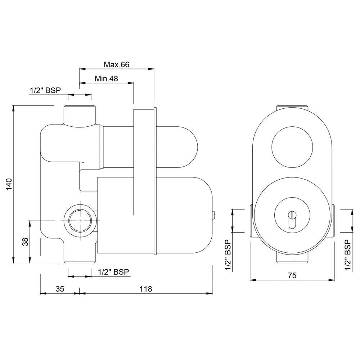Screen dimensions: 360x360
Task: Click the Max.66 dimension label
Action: click(x=116, y=64)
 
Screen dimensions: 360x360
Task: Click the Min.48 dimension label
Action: click(x=106, y=78)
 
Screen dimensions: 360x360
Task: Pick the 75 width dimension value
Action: click(x=292, y=275)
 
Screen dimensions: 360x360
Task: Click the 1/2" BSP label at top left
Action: click(x=45, y=90)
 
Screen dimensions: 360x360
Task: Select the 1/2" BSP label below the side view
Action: click(x=113, y=272)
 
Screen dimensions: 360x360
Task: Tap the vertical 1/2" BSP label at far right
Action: click(x=348, y=255)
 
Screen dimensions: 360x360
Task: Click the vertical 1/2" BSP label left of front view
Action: click(x=228, y=255)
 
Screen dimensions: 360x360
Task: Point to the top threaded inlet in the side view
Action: click(x=80, y=114)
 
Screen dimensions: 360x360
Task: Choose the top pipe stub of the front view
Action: click(x=292, y=109)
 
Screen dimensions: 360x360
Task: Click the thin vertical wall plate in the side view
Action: click(x=155, y=180)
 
